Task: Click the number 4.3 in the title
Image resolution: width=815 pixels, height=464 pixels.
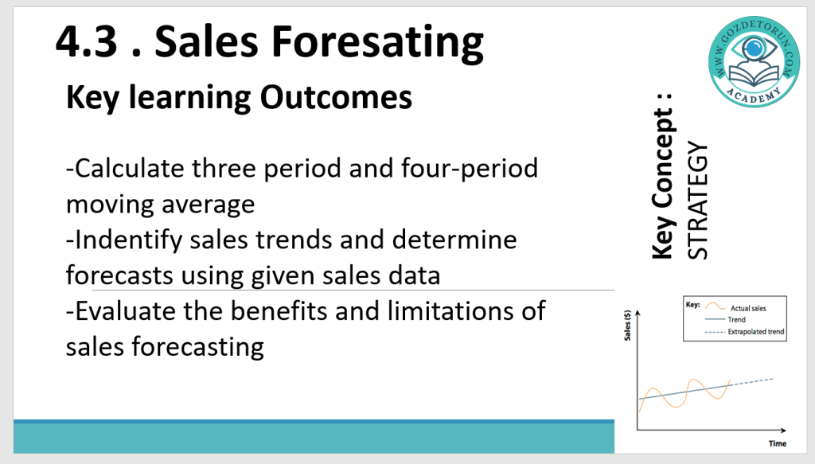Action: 86,41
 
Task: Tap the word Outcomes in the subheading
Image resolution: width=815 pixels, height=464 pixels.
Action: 336,97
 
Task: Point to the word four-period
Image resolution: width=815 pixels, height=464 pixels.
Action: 469,170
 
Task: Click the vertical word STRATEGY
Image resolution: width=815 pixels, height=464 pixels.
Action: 697,201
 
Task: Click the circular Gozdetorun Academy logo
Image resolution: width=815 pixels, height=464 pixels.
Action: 754,62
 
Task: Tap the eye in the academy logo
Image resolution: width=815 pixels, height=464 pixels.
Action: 753,49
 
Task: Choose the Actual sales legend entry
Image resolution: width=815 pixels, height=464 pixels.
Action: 735,307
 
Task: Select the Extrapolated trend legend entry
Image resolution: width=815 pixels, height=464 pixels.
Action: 744,332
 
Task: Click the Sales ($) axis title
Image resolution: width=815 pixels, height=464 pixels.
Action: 627,326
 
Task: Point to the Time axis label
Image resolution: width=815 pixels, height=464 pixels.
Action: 778,443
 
